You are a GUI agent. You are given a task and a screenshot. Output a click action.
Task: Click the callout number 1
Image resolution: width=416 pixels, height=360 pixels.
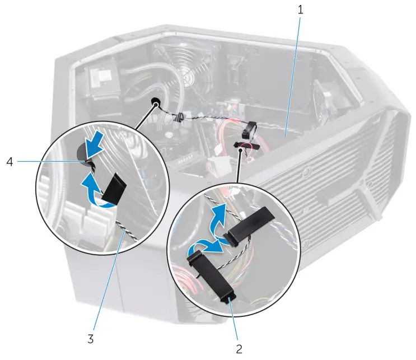[x=300, y=10]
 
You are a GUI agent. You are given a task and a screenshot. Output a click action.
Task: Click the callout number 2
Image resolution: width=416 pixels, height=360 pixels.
[x=239, y=349]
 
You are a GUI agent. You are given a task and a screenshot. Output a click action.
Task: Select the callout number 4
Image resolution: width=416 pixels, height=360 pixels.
[x=10, y=162]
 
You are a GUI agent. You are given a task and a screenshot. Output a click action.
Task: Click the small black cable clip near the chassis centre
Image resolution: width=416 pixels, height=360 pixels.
[x=179, y=118]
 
